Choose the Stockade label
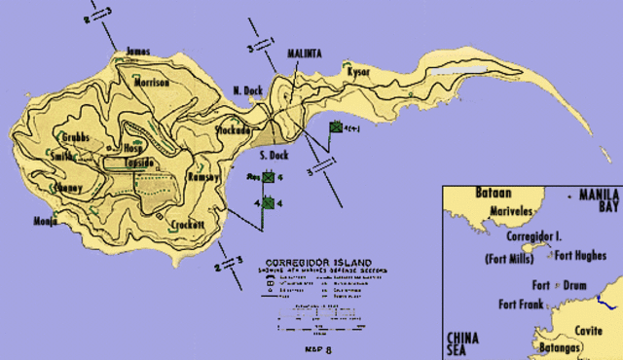click(x=235, y=128)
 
